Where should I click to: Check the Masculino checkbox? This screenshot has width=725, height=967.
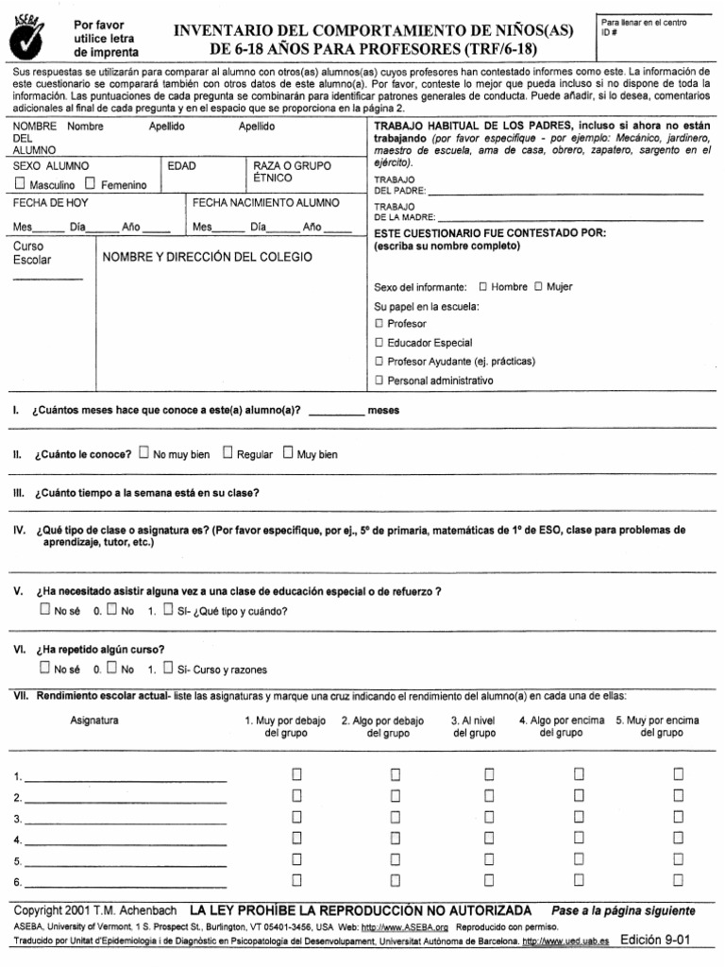[x=20, y=184]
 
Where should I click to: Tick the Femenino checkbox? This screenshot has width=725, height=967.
[x=91, y=184]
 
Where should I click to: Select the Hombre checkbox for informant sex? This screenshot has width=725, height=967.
[x=483, y=286]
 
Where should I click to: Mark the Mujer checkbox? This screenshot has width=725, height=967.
[x=539, y=286]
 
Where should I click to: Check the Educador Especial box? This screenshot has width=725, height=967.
[x=379, y=343]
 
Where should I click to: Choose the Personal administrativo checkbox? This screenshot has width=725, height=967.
[x=379, y=381]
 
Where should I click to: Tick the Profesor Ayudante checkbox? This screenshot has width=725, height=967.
[x=379, y=362]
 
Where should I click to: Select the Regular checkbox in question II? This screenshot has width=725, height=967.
[x=228, y=453]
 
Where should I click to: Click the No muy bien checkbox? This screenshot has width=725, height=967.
[x=143, y=453]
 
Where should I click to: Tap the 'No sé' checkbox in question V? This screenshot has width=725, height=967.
[x=45, y=610]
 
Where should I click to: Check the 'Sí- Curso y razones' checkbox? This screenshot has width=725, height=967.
[x=168, y=669]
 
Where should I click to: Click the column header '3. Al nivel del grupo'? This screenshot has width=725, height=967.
[x=474, y=726]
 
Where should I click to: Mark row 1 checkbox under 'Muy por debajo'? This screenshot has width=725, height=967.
[x=296, y=774]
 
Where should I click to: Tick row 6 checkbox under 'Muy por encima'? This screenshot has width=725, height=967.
[x=678, y=881]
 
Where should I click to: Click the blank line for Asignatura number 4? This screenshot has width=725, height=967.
[x=125, y=840]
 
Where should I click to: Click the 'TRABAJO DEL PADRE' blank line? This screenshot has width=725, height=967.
[x=565, y=192]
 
